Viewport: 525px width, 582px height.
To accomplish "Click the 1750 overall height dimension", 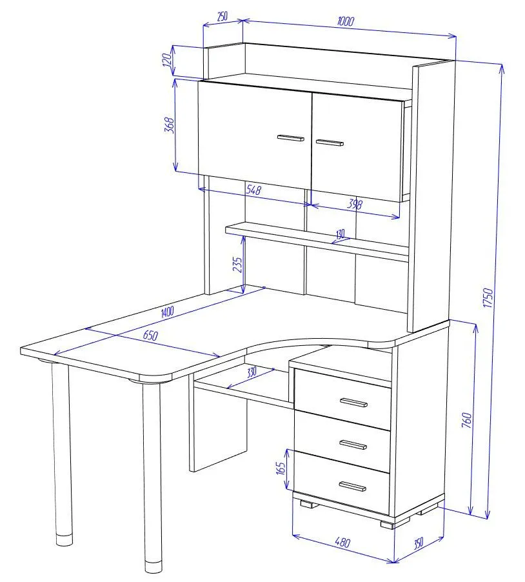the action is (488, 297).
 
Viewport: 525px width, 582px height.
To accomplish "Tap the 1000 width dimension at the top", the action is (346, 21).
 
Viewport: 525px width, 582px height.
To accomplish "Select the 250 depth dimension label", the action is (222, 17).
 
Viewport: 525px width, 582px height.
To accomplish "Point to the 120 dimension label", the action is (167, 60).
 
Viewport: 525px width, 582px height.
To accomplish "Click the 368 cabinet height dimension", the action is (169, 125).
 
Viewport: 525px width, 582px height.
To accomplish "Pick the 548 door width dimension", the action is (253, 190).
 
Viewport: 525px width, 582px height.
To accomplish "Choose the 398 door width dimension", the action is (355, 204).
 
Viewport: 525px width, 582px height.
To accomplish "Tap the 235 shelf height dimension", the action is (237, 265).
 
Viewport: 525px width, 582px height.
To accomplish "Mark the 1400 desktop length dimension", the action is (167, 311).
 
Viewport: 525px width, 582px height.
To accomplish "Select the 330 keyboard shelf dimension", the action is (252, 372).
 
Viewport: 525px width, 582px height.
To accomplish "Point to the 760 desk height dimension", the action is (467, 420).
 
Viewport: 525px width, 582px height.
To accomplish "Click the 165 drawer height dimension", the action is (281, 468).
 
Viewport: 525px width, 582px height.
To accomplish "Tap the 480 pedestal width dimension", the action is (342, 542).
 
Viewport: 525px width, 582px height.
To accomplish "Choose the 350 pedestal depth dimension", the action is (419, 543).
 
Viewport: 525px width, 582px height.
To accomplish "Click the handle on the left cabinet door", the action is (290, 138).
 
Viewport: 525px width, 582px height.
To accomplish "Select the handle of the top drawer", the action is (353, 403).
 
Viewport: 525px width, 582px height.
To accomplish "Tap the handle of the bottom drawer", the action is (353, 487).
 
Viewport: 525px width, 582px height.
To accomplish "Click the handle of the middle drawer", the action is (353, 445).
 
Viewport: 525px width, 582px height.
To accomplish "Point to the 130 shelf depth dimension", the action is (341, 234).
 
